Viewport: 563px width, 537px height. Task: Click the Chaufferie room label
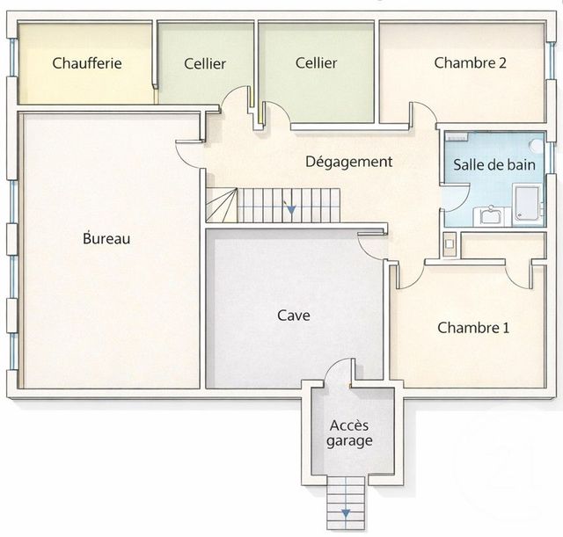[x=86, y=63]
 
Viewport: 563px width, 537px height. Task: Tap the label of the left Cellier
[x=205, y=63]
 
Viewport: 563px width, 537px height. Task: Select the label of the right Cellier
[x=316, y=63]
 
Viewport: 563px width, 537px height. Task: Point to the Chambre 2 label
[x=470, y=63]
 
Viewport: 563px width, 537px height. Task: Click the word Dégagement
[x=348, y=162]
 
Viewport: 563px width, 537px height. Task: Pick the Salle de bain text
[x=493, y=164]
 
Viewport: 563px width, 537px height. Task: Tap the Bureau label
[x=106, y=238]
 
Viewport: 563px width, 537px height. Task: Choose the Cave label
[x=293, y=316]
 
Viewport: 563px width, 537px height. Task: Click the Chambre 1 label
[x=473, y=328]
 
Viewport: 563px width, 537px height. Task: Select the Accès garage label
[x=350, y=433]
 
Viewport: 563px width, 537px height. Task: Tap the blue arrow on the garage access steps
[x=346, y=512]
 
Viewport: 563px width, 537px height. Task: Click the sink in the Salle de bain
[x=486, y=214]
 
